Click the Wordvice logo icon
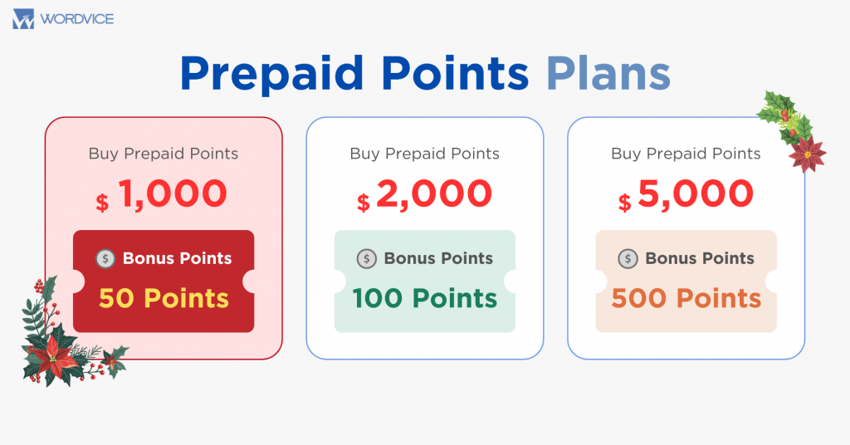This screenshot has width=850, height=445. coord(23,19)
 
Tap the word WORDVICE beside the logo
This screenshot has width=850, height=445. coord(77,20)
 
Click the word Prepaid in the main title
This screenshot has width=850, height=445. coord(272,74)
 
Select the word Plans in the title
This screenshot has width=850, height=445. coord(608,72)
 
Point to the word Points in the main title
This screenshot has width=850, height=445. coord(455,72)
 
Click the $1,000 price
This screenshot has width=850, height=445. coord(162,194)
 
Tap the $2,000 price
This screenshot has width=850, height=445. coord(424,194)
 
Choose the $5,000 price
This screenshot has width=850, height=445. coord(686,194)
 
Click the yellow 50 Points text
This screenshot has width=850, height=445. coord(164,298)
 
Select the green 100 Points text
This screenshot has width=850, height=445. coord(424,298)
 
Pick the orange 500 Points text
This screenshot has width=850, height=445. coord(686,298)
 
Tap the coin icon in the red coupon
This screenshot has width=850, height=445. coord(105,258)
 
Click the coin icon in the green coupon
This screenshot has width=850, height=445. coord(366,258)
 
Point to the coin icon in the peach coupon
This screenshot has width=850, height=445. coord(628,258)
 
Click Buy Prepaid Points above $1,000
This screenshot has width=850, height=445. coord(164,154)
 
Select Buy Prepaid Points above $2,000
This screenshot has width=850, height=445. coord(424,154)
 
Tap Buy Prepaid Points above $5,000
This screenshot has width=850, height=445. coord(686,154)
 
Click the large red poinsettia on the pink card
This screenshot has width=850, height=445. coord(54,359)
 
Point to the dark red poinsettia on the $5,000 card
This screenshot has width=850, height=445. coord(807,154)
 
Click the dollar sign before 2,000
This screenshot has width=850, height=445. coord(364,203)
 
